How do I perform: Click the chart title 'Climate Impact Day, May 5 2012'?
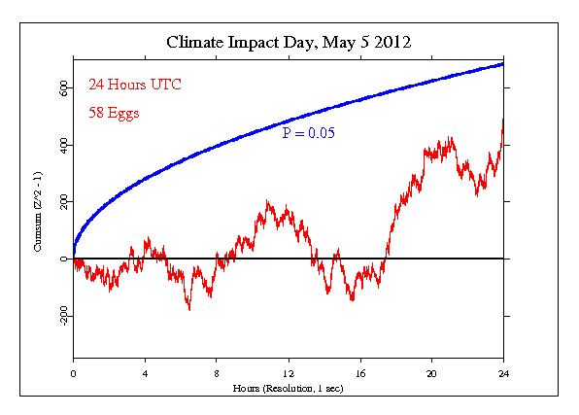tap(289, 43)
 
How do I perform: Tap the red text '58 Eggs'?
tap(113, 112)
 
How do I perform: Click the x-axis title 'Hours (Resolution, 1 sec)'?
tap(288, 387)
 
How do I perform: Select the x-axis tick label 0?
tap(73, 372)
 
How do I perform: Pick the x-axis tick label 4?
tap(145, 372)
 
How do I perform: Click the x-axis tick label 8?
tap(217, 372)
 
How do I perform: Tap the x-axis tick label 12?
tap(289, 372)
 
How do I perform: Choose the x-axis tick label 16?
tap(360, 372)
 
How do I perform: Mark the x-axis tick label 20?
tap(431, 372)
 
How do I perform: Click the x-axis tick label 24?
tap(503, 372)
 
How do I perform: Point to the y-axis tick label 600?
tap(62, 87)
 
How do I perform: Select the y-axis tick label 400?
tap(62, 145)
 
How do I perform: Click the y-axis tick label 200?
tap(62, 202)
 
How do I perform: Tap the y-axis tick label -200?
tap(62, 317)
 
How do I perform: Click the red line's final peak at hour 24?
tap(503, 121)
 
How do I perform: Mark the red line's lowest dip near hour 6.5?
tap(189, 309)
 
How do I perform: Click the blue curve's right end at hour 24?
tap(503, 63)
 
